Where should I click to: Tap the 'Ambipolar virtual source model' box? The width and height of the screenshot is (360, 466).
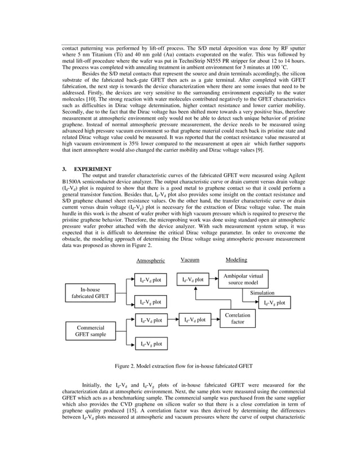pos(243,279)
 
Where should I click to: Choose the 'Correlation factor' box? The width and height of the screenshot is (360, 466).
pos(238,319)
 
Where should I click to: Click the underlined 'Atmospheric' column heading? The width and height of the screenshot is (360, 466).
pos(151,261)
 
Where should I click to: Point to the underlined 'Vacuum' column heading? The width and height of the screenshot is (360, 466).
pos(190,260)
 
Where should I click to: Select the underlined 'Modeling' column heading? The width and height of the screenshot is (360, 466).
pos(236,260)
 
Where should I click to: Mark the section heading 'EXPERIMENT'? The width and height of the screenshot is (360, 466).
pos(93,169)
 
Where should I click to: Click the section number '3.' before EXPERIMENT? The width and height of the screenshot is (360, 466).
pos(65,169)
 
